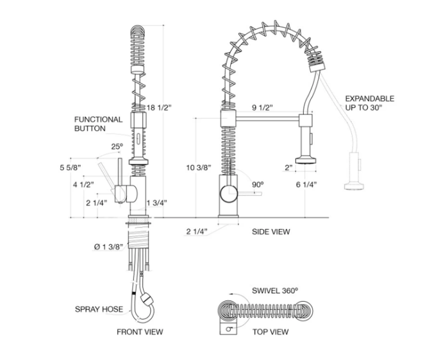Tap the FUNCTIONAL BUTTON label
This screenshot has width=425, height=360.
(98, 124)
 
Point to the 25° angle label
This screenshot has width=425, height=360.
(115, 146)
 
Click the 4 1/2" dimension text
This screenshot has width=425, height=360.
(83, 185)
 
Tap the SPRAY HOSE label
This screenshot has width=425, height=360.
(98, 310)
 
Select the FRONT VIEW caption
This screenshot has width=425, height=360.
(139, 332)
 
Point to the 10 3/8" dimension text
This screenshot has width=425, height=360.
(199, 167)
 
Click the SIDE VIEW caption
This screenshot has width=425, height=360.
(271, 231)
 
